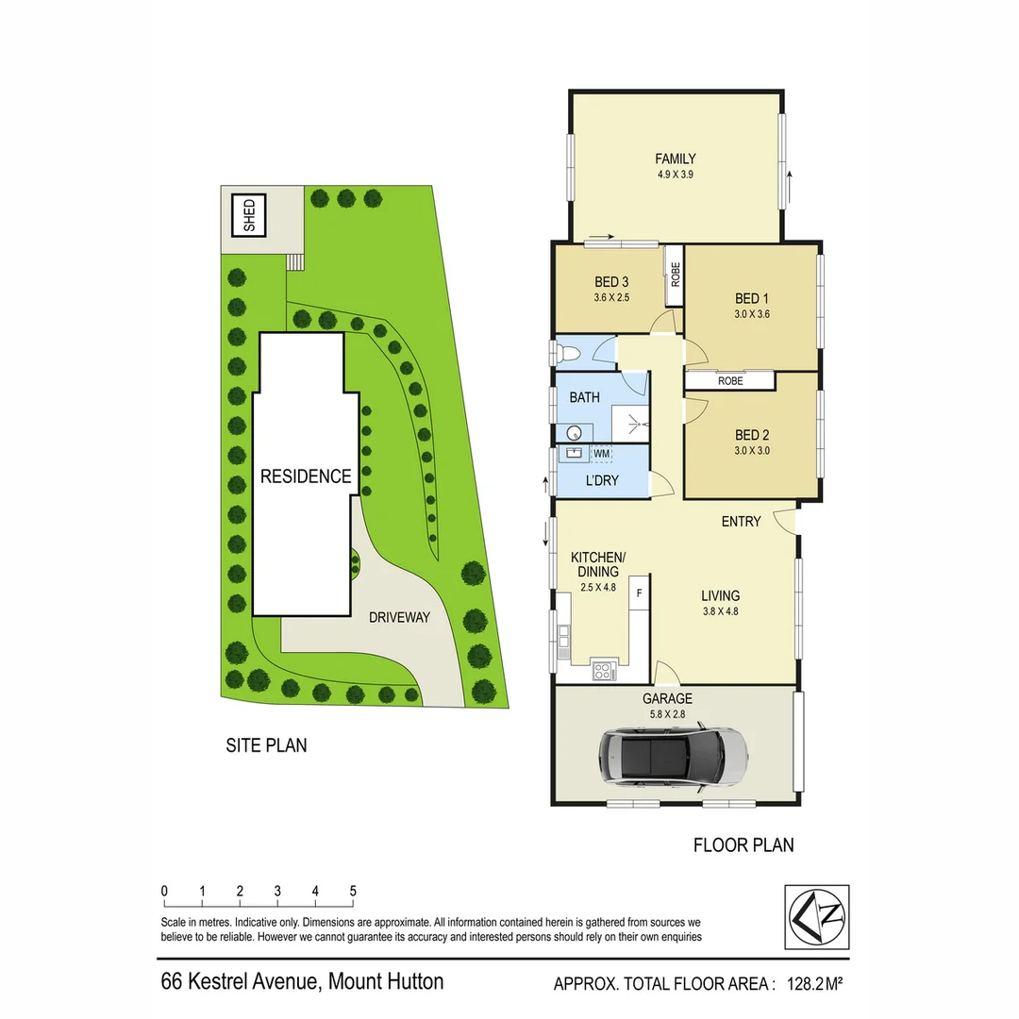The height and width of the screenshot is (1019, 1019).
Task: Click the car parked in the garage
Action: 673,755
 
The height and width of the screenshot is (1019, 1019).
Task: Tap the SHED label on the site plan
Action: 249,215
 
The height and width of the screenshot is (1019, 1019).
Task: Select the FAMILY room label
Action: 676,159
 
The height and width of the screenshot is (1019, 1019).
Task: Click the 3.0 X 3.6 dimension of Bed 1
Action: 753,315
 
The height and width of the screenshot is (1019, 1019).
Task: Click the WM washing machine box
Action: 601,454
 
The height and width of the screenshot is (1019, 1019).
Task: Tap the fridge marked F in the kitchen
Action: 640,593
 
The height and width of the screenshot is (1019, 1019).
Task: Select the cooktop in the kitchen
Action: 602,671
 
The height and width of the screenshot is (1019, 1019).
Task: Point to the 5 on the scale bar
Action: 352,891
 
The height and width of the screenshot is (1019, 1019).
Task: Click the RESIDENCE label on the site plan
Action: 306,476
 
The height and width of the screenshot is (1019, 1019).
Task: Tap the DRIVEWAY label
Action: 399,618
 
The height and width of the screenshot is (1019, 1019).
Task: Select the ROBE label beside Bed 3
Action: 675,274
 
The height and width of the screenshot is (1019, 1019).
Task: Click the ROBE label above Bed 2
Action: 730,381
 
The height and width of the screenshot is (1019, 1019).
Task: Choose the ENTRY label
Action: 741,521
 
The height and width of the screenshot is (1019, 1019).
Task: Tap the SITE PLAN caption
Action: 266,745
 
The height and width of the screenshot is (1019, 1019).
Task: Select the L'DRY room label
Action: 602,480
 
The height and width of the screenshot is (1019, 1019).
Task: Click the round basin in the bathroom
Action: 574,433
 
